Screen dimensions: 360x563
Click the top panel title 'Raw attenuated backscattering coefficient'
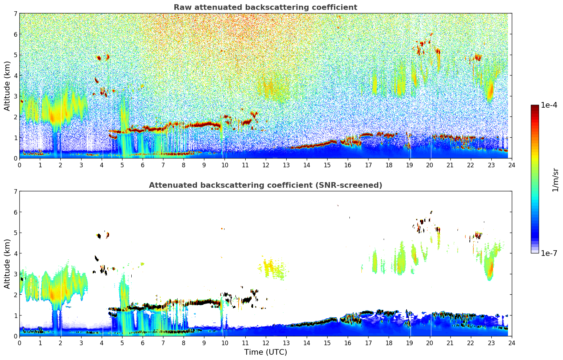[265, 7]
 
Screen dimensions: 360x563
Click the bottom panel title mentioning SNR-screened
[265, 185]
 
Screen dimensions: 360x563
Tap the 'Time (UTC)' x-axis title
[265, 352]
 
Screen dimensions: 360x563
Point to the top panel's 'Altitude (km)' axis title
[7, 86]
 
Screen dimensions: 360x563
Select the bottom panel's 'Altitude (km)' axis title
[7, 264]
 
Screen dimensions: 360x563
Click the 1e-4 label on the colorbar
[549, 105]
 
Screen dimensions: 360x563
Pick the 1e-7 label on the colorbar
[549, 253]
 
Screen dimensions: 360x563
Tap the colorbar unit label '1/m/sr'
[555, 180]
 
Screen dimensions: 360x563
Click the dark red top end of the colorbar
[535, 107]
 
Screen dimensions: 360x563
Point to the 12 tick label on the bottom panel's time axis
[265, 343]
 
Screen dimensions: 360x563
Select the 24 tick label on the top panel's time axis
[512, 165]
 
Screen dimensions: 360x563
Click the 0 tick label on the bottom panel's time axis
[19, 343]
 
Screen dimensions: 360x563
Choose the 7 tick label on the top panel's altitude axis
[15, 14]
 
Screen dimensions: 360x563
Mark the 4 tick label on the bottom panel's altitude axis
[15, 253]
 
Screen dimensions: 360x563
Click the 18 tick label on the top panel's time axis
[389, 165]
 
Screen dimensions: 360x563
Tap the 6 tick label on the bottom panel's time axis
[143, 343]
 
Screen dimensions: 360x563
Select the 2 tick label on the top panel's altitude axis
[15, 117]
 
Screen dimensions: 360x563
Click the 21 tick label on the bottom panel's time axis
[450, 343]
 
